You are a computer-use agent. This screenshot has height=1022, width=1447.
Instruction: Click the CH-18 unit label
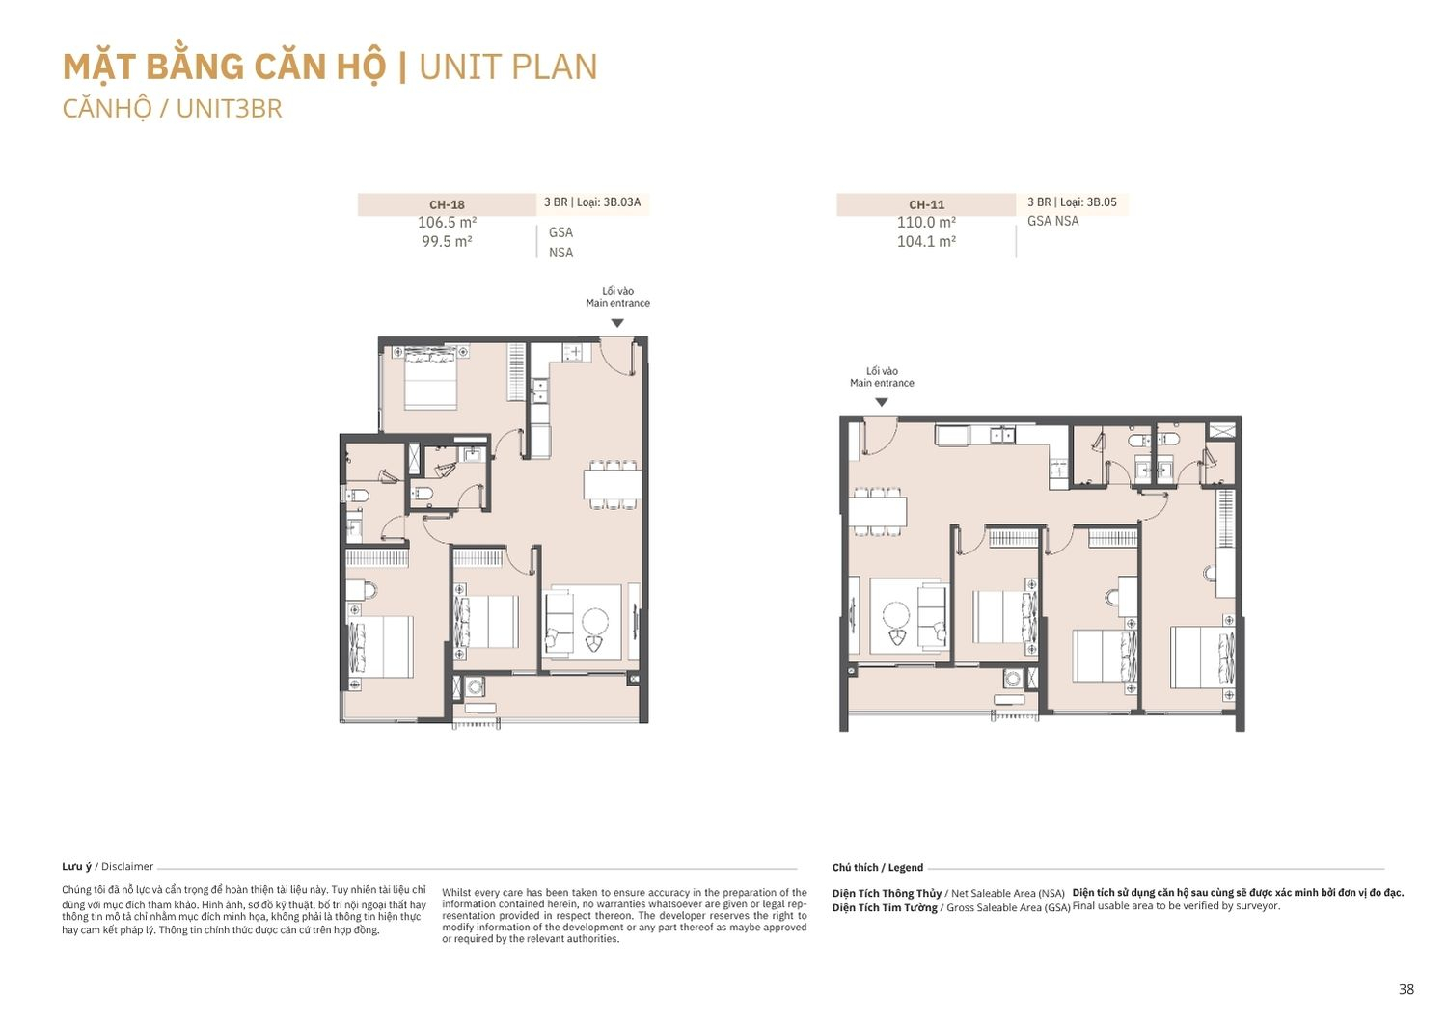click(447, 204)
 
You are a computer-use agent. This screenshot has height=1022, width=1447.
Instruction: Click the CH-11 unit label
click(926, 204)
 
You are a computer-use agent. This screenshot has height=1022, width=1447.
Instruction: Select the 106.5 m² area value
click(447, 222)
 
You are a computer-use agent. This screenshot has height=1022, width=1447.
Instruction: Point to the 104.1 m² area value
click(926, 241)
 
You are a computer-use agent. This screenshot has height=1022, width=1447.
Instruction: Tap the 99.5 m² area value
click(447, 241)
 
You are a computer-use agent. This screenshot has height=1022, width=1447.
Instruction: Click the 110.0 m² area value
click(926, 222)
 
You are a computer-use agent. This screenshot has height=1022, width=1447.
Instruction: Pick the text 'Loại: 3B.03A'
click(609, 202)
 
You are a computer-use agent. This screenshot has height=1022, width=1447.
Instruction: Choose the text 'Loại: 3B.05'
click(1088, 202)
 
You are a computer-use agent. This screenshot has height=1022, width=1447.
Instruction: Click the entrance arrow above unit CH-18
click(617, 323)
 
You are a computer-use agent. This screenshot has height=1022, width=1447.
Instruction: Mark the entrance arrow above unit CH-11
click(881, 402)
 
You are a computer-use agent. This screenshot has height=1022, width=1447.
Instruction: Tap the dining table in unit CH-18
click(613, 484)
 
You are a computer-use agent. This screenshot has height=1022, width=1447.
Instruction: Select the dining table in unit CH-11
click(877, 512)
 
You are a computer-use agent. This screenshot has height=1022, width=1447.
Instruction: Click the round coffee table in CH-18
click(595, 622)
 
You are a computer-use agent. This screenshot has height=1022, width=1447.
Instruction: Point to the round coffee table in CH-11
click(896, 615)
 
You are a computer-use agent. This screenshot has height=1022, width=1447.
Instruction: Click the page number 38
click(1406, 990)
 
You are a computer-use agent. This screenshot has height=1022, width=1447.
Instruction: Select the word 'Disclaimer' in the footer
click(127, 867)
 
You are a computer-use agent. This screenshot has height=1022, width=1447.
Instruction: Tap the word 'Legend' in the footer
click(906, 868)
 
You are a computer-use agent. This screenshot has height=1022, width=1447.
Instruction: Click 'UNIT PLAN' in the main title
click(508, 67)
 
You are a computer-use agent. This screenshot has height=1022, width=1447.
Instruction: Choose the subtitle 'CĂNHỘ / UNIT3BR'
click(173, 108)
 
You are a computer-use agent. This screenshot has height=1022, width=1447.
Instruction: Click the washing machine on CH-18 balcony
click(476, 686)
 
